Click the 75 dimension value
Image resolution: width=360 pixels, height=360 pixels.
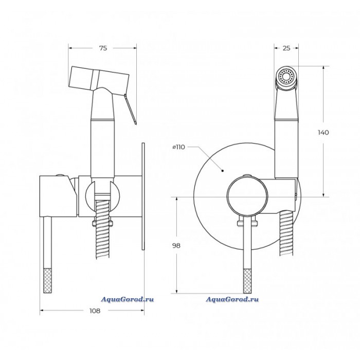pos(103,48)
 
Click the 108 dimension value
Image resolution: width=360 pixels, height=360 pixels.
pos(95,311)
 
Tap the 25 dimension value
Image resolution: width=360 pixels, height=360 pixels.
pos(286,48)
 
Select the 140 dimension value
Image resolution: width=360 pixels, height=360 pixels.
pos(323,133)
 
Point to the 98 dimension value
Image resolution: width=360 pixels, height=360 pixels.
pos(176,246)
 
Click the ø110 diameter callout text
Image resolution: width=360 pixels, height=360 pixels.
pos(178,147)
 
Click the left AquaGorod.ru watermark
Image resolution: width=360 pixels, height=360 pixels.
pos(128,299)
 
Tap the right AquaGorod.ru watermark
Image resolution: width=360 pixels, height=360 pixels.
pos(232,299)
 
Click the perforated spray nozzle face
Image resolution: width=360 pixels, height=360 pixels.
pos(286,76)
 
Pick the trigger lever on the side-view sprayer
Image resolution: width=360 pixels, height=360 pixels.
pos(130,109)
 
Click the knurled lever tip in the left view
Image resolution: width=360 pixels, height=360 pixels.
pos(48,280)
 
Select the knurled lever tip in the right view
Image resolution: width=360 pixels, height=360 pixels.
pos(247,281)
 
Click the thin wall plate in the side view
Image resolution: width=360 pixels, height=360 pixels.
pos(143,196)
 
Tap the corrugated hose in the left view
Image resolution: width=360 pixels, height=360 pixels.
pos(103,229)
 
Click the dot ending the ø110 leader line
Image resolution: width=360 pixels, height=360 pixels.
pos(222,171)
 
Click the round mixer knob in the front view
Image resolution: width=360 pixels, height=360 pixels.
pos(247,197)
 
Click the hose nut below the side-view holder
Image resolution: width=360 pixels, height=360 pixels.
pos(102,223)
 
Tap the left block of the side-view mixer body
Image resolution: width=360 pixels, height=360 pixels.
pos(58,196)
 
